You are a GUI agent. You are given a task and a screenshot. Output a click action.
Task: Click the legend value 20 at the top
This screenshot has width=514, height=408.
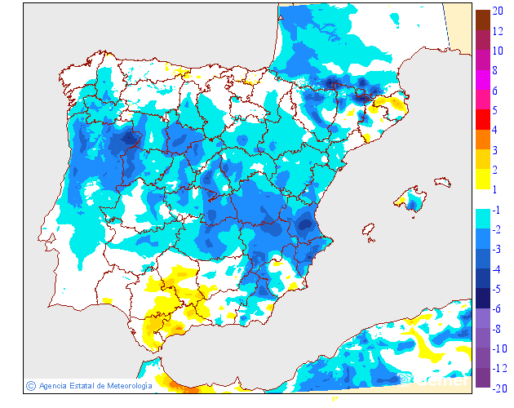point(498,11)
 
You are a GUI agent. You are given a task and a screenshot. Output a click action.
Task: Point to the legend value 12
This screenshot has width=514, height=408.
point(498,31)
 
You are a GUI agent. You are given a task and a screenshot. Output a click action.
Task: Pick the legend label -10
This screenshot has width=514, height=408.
point(498,348)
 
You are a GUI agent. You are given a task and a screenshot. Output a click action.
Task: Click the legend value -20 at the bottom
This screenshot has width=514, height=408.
point(498,388)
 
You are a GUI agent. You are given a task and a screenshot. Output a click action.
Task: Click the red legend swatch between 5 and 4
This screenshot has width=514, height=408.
point(483,119)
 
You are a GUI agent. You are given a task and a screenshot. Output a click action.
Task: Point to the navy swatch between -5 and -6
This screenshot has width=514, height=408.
point(483,298)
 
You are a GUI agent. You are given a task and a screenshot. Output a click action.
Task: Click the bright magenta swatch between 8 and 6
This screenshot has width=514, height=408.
point(483,80)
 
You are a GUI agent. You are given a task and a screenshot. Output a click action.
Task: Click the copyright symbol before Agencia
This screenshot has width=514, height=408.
point(31,385)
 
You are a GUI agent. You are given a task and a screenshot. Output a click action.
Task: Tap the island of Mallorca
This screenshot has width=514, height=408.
point(411,201)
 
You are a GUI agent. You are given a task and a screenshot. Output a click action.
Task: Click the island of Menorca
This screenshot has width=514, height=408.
point(441,181)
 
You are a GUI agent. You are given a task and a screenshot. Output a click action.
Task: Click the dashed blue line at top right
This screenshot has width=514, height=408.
point(446,24)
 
